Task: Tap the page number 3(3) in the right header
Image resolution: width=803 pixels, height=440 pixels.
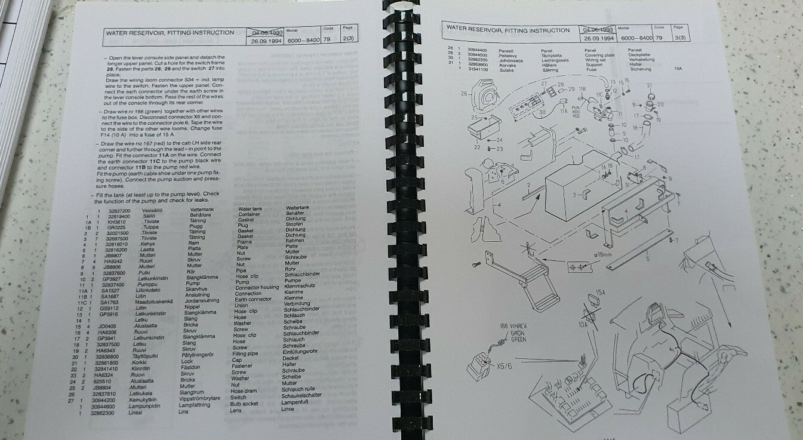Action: pos(676,37)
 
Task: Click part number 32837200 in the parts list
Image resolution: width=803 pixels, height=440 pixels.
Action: pos(118,210)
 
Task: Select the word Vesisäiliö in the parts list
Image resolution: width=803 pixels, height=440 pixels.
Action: pos(152,210)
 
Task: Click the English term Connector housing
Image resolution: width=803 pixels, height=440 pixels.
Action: pos(257,288)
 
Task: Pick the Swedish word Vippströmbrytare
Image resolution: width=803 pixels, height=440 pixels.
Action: pos(204,397)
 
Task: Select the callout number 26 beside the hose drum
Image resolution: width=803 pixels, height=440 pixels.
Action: pos(464,93)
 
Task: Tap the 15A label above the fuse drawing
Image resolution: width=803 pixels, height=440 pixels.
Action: pos(601,293)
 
